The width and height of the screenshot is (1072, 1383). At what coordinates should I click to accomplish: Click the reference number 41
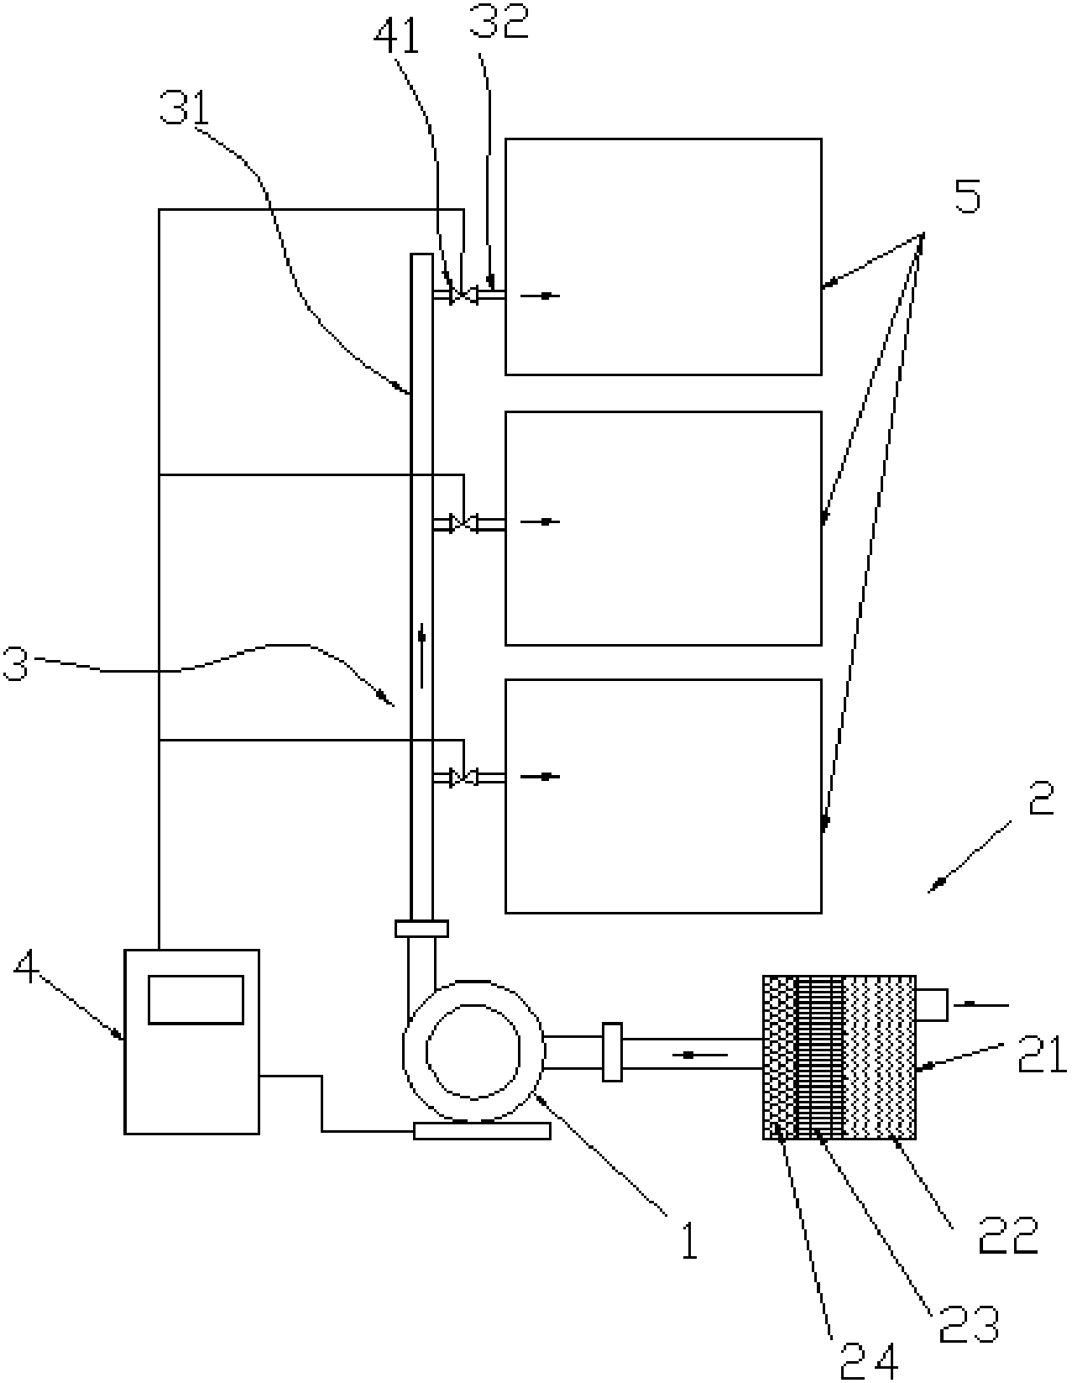pos(396,37)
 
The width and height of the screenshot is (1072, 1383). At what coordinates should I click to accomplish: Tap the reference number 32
pos(499,21)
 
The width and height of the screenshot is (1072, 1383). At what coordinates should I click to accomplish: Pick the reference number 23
pos(968,1325)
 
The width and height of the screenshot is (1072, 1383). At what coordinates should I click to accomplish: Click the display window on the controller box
pos(196,1000)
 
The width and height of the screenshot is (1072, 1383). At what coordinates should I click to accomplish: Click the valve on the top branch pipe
pos(463,295)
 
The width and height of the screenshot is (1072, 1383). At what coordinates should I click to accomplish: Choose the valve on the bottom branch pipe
pos(463,777)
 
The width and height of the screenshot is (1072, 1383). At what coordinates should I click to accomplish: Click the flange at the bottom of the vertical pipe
pos(421,929)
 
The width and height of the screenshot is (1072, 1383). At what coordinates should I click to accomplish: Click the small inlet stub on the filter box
pos(932,1005)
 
